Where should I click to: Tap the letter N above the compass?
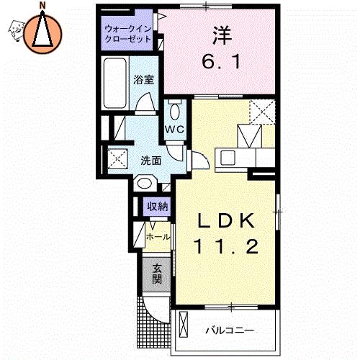[x=42, y=6]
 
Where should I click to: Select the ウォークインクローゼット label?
[x=128, y=34]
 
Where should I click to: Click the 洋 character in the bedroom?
[x=222, y=35]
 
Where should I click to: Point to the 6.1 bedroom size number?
[x=221, y=61]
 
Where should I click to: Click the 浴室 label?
[x=144, y=80]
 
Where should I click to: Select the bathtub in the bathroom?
[x=115, y=83]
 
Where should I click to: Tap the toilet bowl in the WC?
[x=175, y=111]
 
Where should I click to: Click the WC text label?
[x=175, y=130]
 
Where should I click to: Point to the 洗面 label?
[x=150, y=161]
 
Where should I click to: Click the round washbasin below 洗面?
[x=145, y=184]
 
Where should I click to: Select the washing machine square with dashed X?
[x=117, y=158]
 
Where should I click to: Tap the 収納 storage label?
[x=157, y=206]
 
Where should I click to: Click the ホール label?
[x=158, y=237]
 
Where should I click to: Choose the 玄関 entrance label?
[x=157, y=274]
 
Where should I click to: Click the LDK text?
[x=226, y=221]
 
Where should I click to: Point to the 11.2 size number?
[x=228, y=246]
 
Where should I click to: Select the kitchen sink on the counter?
[x=228, y=158]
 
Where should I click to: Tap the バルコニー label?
[x=230, y=330]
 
